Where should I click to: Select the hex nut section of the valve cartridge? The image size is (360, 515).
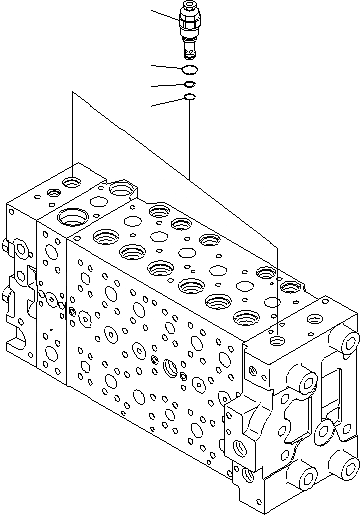tap(188, 19)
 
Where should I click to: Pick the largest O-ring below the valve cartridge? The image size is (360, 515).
tap(188, 69)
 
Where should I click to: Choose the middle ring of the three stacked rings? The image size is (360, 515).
tap(188, 84)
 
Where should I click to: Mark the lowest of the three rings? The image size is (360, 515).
tap(188, 98)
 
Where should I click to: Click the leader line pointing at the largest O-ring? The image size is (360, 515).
tap(166, 67)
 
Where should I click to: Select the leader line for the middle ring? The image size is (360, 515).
tap(166, 86)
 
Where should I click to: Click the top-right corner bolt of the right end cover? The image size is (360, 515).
tap(347, 343)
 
